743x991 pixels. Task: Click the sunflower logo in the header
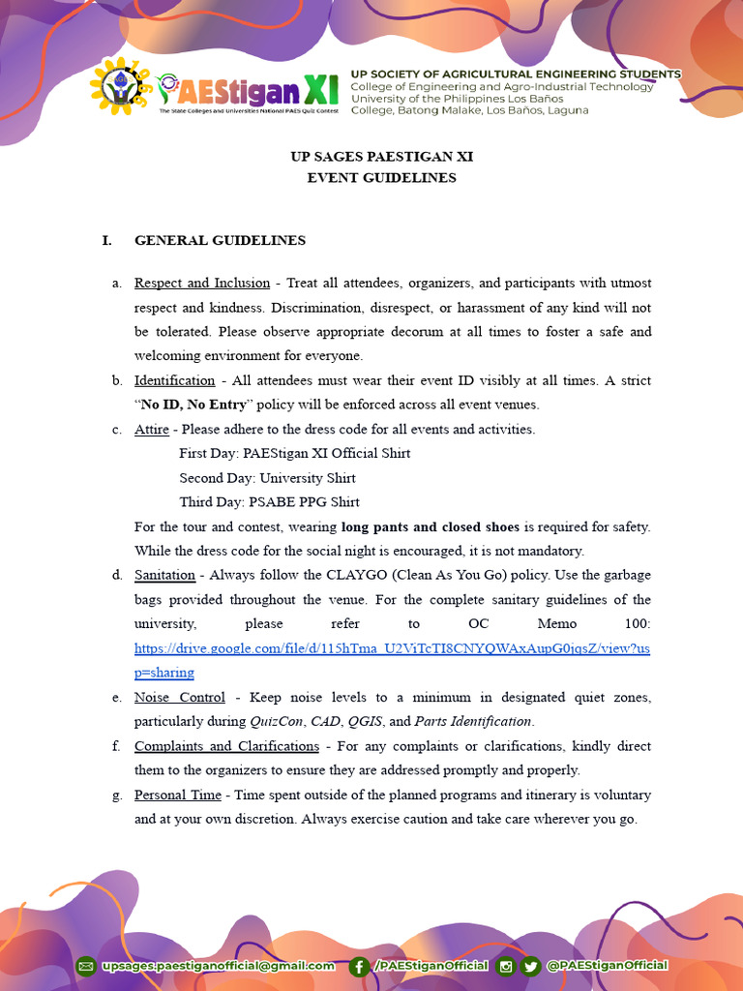point(119,86)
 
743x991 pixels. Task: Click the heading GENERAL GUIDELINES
point(220,240)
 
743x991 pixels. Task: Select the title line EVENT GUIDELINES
point(381,177)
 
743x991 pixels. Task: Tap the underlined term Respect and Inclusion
point(201,283)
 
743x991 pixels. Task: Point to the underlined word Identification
point(174,380)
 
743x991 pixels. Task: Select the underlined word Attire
point(151,429)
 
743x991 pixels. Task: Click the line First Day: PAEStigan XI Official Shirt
point(294,453)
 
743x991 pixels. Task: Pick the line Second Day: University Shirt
point(267,478)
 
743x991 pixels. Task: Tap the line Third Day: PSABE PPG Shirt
point(269,502)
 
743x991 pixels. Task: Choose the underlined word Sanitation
point(164,575)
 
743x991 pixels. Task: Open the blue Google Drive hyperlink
point(392,648)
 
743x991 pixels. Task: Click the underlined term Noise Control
point(179,697)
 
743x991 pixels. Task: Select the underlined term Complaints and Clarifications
point(226,746)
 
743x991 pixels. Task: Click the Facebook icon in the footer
point(359,965)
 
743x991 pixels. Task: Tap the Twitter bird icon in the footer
point(530,965)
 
